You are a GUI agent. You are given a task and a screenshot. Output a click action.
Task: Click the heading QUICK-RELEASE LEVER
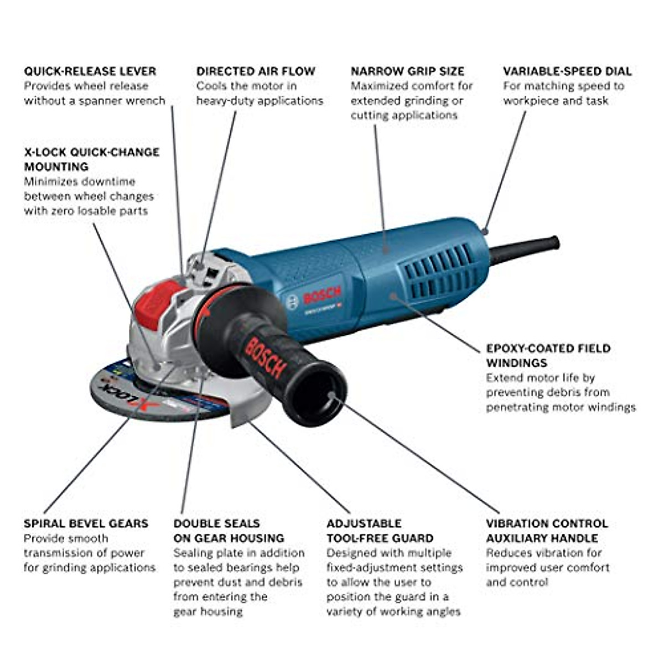[x=90, y=71]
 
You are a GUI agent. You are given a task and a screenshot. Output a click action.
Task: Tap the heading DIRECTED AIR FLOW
[x=256, y=71]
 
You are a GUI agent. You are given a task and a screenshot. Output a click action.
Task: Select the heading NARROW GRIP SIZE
[x=407, y=71]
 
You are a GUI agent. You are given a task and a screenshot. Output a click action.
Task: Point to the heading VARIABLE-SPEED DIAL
[x=567, y=71]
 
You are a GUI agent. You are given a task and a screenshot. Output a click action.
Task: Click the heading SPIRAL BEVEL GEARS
[x=86, y=523]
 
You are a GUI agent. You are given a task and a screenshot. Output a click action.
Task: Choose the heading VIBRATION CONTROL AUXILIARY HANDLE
[x=547, y=531]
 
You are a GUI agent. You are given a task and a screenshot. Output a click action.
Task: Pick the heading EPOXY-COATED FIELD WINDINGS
[x=548, y=356]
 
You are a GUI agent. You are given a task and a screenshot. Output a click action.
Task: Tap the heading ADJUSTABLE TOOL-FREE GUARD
[x=380, y=531]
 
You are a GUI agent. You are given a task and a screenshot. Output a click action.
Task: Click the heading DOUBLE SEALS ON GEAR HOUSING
[x=229, y=531]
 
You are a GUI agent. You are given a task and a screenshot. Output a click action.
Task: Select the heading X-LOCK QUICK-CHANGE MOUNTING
[x=91, y=159]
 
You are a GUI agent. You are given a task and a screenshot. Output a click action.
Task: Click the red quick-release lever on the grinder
[x=160, y=302]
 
